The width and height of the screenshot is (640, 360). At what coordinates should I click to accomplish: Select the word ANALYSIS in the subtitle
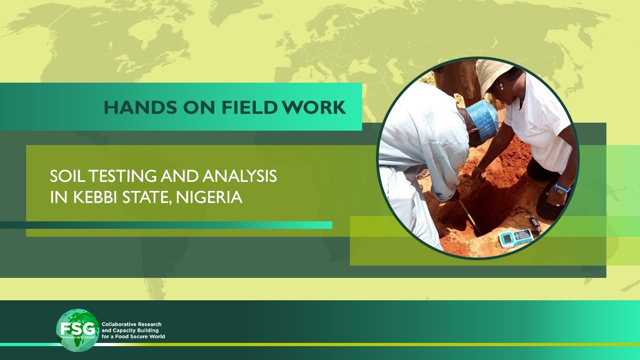pyautogui.click(x=239, y=176)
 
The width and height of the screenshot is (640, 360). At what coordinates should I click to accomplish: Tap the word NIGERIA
pyautogui.click(x=209, y=197)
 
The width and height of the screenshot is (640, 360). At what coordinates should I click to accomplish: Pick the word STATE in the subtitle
pyautogui.click(x=147, y=198)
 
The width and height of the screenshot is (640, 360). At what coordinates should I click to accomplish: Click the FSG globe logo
pyautogui.click(x=78, y=330)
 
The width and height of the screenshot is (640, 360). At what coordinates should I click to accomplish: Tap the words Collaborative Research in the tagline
pyautogui.click(x=131, y=324)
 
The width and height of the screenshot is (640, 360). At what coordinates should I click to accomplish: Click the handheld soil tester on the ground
pyautogui.click(x=516, y=237)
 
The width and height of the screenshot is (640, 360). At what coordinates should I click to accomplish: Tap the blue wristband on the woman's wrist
pyautogui.click(x=562, y=188)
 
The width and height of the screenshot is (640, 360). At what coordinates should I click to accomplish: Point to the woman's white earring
pyautogui.click(x=501, y=86)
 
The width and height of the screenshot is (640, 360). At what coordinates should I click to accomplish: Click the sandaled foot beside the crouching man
pyautogui.click(x=423, y=173)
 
